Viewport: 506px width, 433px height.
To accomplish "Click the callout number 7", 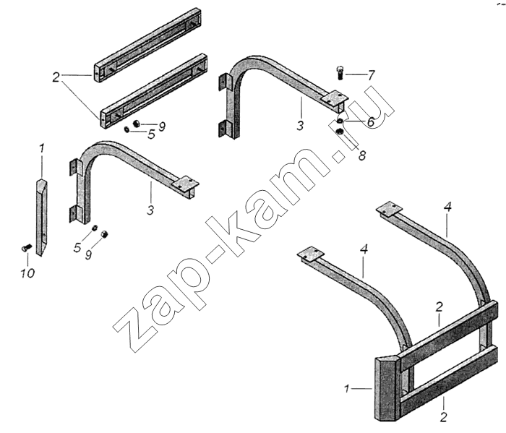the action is point(371,75).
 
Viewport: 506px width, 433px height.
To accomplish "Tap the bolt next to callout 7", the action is point(340,73).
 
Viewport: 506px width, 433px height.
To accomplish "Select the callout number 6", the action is point(370,122).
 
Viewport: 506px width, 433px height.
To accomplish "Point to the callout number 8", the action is point(361,155).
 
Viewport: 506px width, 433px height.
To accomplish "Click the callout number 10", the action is point(27,273).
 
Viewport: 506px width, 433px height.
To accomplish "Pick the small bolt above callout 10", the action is point(26,248).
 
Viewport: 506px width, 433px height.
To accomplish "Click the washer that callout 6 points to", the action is point(340,121).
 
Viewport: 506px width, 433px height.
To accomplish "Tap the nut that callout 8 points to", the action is point(340,132).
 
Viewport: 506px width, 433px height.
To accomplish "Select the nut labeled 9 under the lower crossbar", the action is point(136,123).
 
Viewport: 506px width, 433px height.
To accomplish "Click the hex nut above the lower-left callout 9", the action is point(104,233).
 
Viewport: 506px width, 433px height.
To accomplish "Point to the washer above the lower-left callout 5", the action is point(95,228).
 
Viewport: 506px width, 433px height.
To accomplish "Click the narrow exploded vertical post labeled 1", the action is point(41,217).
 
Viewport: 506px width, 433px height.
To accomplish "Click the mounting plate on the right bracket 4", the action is point(390,208).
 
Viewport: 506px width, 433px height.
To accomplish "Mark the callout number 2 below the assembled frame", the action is point(443,417).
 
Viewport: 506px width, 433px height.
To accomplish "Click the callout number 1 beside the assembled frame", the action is point(347,389).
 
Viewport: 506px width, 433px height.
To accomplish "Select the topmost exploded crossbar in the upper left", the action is point(147,45).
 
